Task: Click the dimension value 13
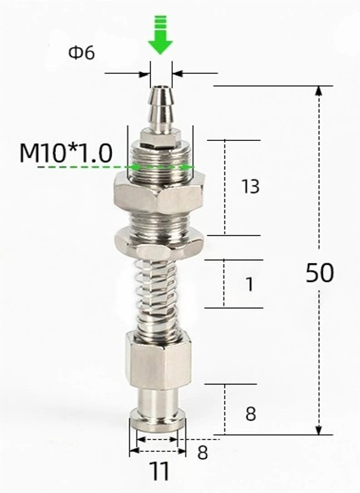coord(251,187)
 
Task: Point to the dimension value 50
coord(319,273)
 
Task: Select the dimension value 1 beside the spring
coord(249,285)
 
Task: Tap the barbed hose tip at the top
coord(160,111)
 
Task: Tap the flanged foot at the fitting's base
coord(158,420)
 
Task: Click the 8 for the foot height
coord(251,414)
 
